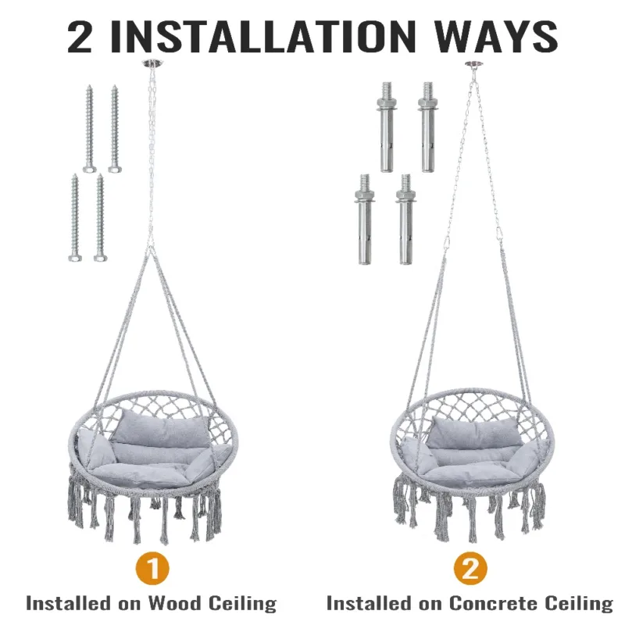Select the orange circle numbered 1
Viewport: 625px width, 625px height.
152,569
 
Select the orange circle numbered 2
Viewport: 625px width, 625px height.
470,569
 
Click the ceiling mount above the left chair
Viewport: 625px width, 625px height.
152,64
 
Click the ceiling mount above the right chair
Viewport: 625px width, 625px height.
474,65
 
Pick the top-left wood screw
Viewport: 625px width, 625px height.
90,128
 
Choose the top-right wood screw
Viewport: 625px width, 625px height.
115,128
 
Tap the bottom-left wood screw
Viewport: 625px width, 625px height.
75,218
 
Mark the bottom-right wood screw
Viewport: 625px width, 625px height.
101,218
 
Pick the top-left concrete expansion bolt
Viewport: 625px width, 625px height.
386,127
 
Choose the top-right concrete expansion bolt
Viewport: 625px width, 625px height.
427,127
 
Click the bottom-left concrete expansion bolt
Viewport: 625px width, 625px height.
364,220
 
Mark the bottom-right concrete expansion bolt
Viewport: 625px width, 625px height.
405,220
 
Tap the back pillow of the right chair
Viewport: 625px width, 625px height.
474,432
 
